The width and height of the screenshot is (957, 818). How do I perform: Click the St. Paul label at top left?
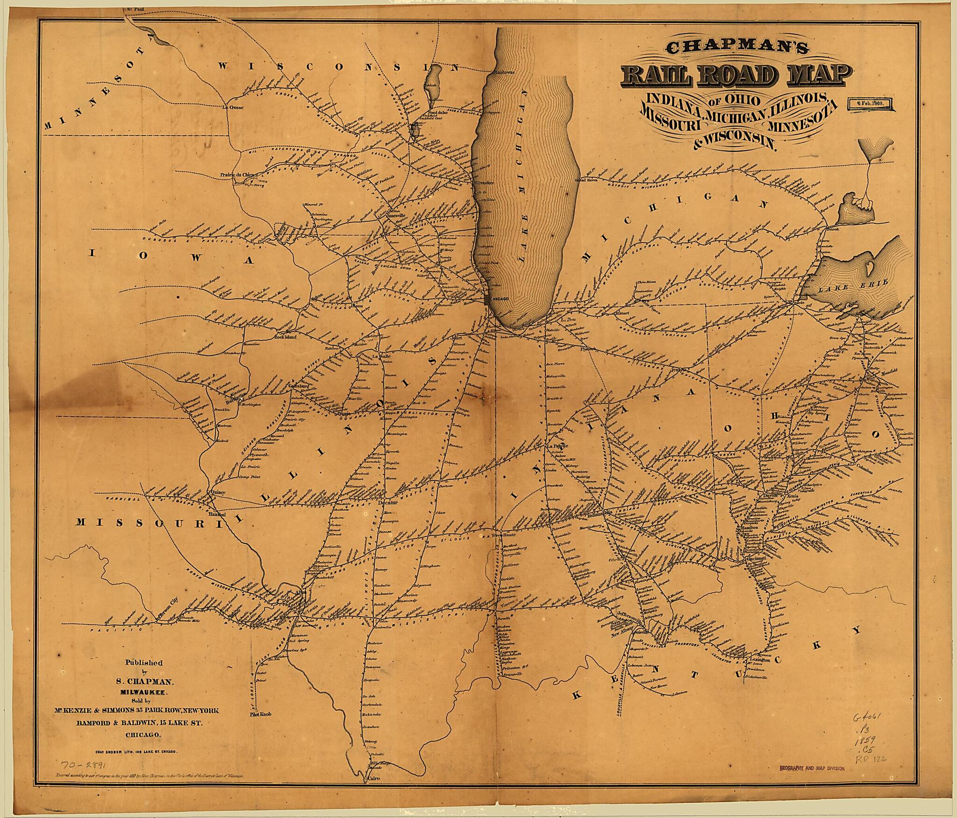click(136, 9)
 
